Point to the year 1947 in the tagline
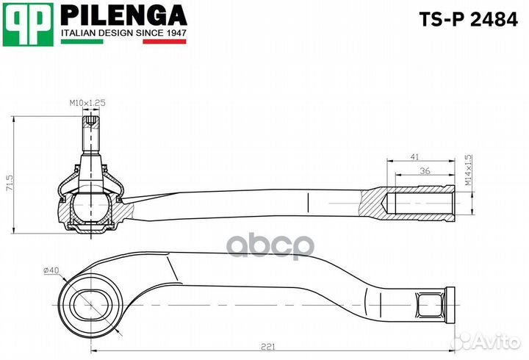174,33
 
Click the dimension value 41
414,156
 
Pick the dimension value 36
425,171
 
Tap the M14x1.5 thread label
468,169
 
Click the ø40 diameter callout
51,270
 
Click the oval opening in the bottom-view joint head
90,303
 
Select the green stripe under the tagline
81,42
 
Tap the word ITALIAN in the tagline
77,33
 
